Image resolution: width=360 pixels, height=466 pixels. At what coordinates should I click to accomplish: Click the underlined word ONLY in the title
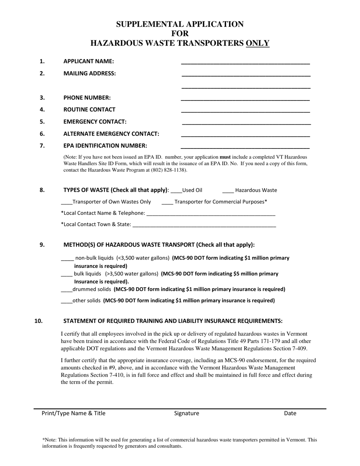258,43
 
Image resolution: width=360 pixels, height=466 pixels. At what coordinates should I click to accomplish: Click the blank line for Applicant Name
246,62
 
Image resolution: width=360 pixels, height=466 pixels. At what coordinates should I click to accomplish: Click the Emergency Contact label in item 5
95,122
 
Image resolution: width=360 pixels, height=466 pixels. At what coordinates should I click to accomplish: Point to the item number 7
42,145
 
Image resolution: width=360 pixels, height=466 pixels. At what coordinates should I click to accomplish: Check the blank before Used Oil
177,191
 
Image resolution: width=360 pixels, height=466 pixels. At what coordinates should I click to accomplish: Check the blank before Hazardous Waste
228,191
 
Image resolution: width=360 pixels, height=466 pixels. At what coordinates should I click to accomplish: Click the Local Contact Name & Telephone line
210,214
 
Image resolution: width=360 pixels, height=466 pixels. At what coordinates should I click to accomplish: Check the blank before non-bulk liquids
67,259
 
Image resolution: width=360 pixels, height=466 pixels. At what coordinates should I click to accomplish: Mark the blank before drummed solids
66,290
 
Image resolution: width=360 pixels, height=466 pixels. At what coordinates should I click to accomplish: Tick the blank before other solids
66,302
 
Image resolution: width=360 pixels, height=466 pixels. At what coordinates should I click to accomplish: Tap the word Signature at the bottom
186,413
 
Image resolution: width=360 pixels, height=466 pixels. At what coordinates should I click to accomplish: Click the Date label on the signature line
290,413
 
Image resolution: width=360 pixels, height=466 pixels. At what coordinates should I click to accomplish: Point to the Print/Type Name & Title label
74,413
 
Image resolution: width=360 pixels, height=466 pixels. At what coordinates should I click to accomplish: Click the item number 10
38,321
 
